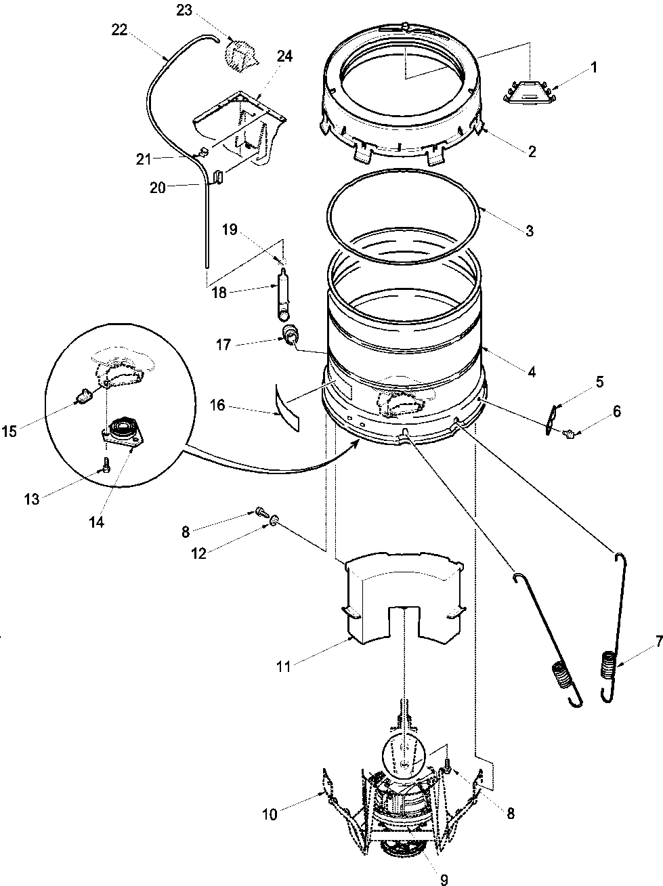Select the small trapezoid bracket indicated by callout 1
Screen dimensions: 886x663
(529, 93)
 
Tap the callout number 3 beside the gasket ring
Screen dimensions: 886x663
(530, 231)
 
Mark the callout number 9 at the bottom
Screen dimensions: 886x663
(444, 879)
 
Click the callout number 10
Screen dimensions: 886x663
(270, 814)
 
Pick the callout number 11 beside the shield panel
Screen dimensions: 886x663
(283, 667)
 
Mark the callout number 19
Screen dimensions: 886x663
(230, 230)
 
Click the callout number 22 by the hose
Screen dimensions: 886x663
(119, 30)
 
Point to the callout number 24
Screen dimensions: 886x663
(284, 57)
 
